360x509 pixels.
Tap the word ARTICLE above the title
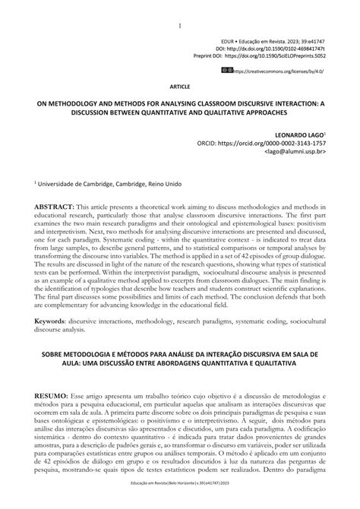pyautogui.click(x=179, y=87)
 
